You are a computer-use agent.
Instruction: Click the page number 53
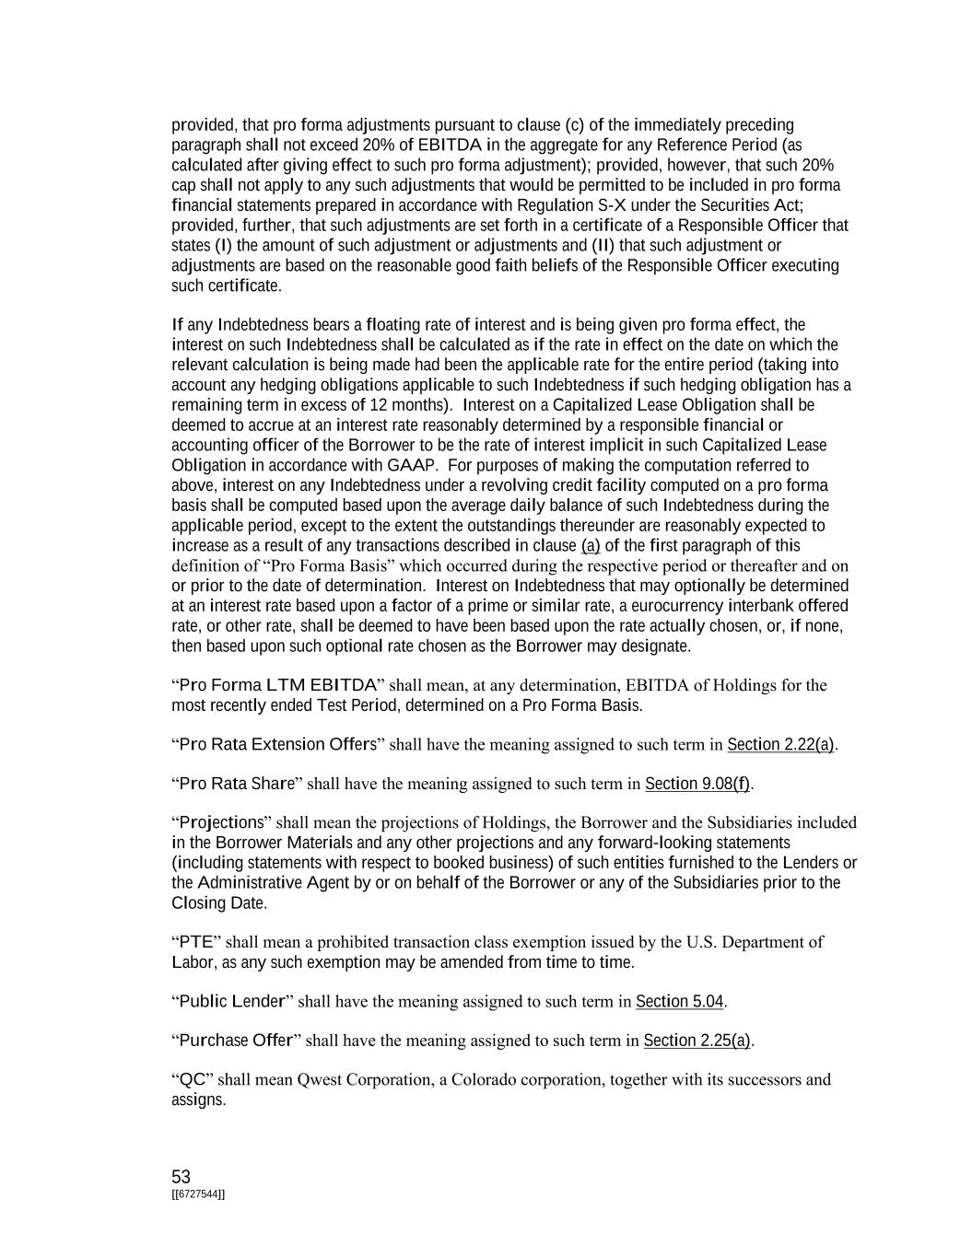(x=181, y=1177)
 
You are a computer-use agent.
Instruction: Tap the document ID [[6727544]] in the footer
(x=198, y=1194)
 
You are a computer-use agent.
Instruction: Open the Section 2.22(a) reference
(x=781, y=744)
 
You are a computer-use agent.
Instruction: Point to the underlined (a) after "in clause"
(x=591, y=546)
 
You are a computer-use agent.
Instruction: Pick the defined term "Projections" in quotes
(x=220, y=822)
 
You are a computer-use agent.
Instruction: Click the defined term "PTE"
(x=195, y=942)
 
